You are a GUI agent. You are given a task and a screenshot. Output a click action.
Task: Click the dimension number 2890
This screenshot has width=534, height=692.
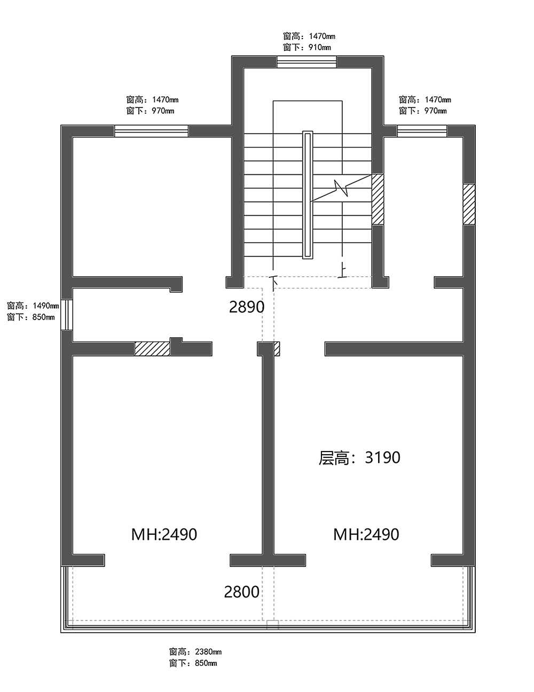point(247,307)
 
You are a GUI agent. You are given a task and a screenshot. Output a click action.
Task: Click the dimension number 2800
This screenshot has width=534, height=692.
point(241,592)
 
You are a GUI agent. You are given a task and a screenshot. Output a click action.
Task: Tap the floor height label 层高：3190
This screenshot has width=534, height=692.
point(359,457)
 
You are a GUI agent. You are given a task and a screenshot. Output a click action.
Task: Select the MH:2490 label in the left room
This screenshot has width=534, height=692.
point(164,534)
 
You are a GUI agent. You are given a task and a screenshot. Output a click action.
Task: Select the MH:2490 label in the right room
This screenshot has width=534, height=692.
point(366,534)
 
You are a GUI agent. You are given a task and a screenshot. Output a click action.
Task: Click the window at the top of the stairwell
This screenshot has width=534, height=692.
point(307,62)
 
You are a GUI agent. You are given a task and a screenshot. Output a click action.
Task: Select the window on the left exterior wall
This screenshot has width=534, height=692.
point(66,315)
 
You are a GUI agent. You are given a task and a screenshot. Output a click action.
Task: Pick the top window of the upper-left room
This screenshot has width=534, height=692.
point(151,131)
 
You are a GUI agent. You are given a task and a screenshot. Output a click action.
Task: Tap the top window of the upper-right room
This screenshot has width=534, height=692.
point(422,131)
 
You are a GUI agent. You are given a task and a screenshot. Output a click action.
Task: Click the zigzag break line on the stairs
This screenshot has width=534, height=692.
point(341,188)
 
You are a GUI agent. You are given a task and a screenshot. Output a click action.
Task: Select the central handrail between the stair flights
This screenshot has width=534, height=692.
point(307,195)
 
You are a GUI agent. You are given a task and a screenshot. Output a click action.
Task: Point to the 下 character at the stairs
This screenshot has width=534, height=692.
point(274,280)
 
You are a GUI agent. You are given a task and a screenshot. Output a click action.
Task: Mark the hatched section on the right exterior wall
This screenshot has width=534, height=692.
point(469,204)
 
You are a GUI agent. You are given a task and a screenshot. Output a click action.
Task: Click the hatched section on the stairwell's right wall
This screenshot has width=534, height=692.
point(378,199)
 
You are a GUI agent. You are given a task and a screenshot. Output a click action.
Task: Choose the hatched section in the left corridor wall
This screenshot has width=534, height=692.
point(152,349)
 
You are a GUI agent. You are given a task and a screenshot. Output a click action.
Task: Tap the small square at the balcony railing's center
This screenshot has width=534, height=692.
point(272,624)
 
